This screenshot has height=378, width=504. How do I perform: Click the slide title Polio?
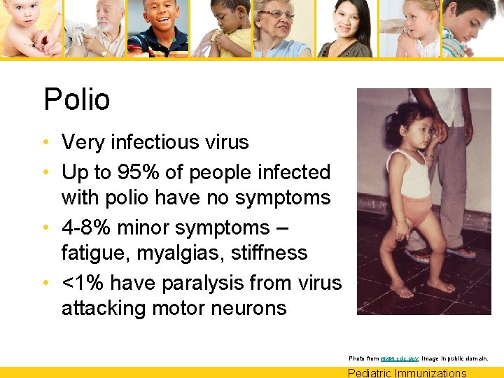point(77,99)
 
